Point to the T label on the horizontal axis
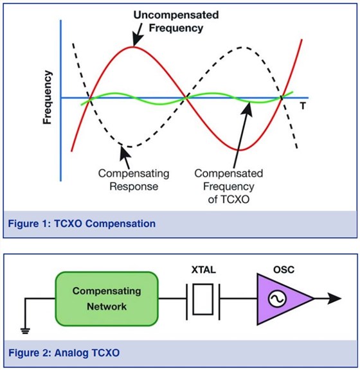point(301,104)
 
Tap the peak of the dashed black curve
point(242,48)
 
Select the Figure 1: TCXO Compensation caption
point(82,224)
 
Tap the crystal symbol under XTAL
point(203,299)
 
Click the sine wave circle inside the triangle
point(278,299)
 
